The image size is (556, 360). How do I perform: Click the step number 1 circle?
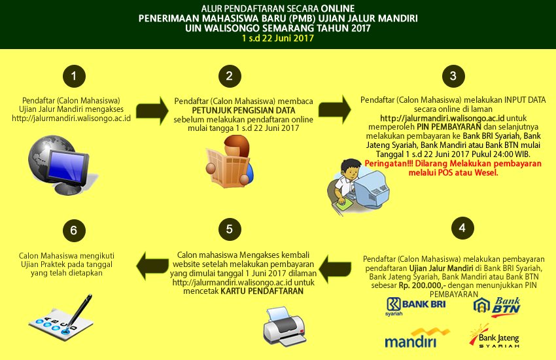pos(74,77)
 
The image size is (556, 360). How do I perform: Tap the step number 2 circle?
pos(229,77)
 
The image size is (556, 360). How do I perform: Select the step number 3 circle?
pos(452,77)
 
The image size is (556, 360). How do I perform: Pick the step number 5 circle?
pos(229,228)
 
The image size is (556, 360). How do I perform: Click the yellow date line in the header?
pos(277,39)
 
